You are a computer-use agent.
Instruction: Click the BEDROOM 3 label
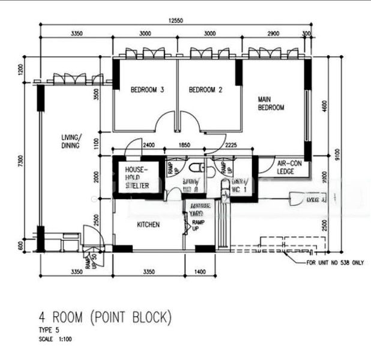click(x=148, y=91)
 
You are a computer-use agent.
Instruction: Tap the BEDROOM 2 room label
click(x=206, y=91)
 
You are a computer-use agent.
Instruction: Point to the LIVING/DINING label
click(x=70, y=141)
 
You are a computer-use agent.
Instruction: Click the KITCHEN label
click(x=148, y=225)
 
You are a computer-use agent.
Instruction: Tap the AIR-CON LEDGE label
click(x=289, y=167)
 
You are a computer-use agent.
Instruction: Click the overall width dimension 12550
click(x=175, y=20)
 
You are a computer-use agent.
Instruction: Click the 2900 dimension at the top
click(x=273, y=34)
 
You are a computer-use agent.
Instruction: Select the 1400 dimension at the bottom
click(x=201, y=272)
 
